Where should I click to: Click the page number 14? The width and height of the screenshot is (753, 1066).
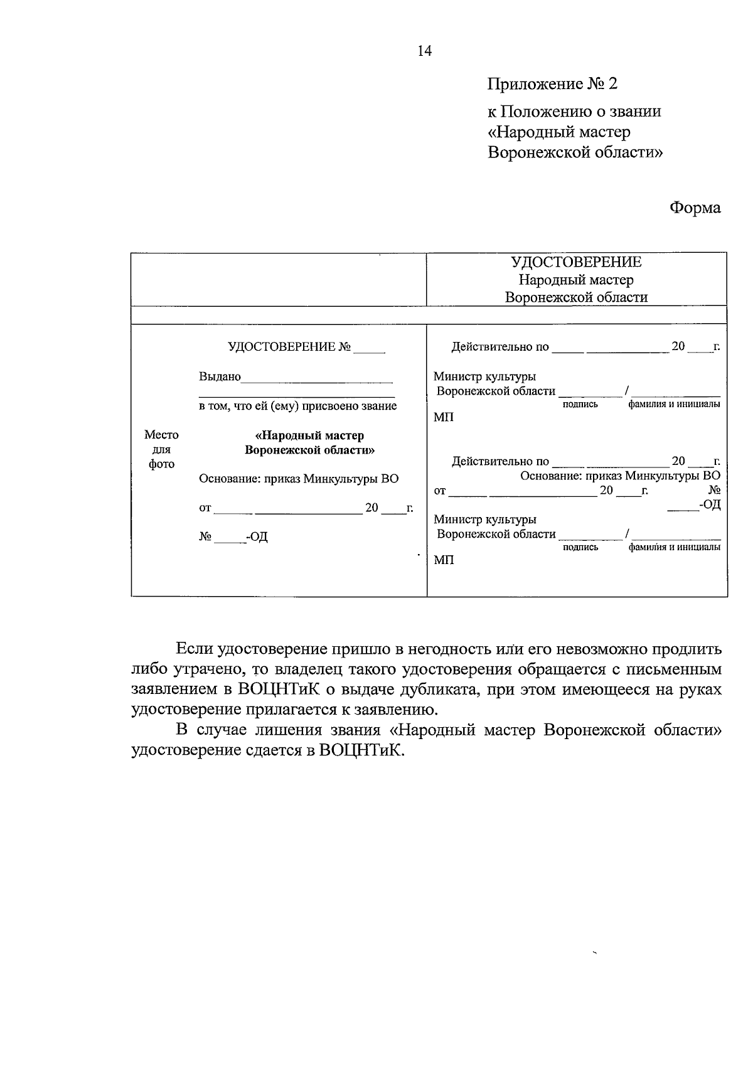pyautogui.click(x=425, y=51)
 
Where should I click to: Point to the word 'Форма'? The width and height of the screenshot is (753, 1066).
pyautogui.click(x=695, y=208)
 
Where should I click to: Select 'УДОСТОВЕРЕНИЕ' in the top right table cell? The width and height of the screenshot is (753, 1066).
pyautogui.click(x=576, y=262)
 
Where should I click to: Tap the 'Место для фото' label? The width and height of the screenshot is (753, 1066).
pyautogui.click(x=161, y=449)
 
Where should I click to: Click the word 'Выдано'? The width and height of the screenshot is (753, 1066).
pyautogui.click(x=220, y=376)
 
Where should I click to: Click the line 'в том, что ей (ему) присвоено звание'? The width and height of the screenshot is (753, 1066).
pyautogui.click(x=297, y=406)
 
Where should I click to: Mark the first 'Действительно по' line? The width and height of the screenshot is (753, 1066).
pyautogui.click(x=500, y=347)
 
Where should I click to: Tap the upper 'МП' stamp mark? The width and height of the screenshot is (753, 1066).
pyautogui.click(x=443, y=417)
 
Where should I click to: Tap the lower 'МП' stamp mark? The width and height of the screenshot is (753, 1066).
pyautogui.click(x=444, y=560)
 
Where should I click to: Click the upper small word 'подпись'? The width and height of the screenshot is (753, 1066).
pyautogui.click(x=580, y=405)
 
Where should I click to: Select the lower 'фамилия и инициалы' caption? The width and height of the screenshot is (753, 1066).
pyautogui.click(x=674, y=547)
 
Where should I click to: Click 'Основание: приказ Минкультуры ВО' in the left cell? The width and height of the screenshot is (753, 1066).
pyautogui.click(x=298, y=479)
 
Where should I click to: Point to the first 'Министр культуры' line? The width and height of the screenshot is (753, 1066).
pyautogui.click(x=484, y=376)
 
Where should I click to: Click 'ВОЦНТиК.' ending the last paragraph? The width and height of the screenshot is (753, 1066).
pyautogui.click(x=361, y=750)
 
